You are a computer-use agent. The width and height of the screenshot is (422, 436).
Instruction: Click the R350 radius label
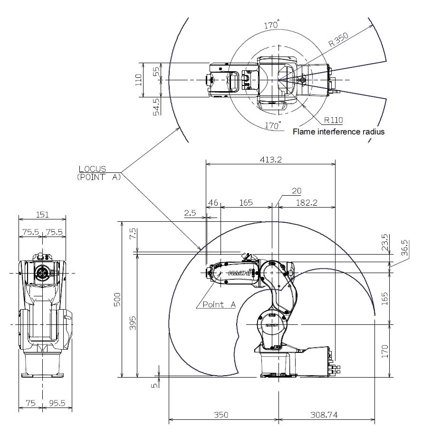(x=338, y=39)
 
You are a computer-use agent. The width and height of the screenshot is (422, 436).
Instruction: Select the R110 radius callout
(x=333, y=120)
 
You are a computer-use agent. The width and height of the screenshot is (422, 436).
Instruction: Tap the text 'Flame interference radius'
(x=338, y=132)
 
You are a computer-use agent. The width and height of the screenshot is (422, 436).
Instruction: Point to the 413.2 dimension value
(x=271, y=159)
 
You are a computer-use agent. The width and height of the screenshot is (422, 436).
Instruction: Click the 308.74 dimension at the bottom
(x=324, y=415)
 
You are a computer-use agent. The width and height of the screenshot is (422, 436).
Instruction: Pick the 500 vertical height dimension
(x=118, y=300)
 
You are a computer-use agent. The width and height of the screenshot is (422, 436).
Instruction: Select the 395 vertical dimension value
(x=133, y=323)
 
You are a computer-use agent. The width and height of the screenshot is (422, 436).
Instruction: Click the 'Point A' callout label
(x=219, y=304)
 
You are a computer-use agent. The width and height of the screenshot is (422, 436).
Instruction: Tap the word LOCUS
(x=92, y=169)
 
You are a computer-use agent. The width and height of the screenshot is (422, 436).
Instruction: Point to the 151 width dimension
(x=42, y=215)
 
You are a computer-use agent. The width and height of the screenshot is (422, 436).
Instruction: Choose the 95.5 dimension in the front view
(x=57, y=403)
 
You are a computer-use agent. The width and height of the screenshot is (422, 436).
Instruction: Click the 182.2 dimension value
(x=307, y=202)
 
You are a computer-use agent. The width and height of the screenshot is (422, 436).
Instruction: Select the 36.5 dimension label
(x=405, y=248)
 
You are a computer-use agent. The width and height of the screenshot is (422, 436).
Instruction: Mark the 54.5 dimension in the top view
(x=157, y=107)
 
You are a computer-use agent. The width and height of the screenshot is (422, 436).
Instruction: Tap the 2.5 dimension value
(x=190, y=213)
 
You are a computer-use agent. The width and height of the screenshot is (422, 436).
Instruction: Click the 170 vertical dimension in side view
(x=385, y=351)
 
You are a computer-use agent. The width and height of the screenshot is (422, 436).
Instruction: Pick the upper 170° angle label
(x=271, y=25)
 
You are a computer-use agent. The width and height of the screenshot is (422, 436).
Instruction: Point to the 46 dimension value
(x=213, y=202)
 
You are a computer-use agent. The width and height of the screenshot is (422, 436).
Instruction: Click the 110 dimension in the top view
(x=139, y=80)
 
